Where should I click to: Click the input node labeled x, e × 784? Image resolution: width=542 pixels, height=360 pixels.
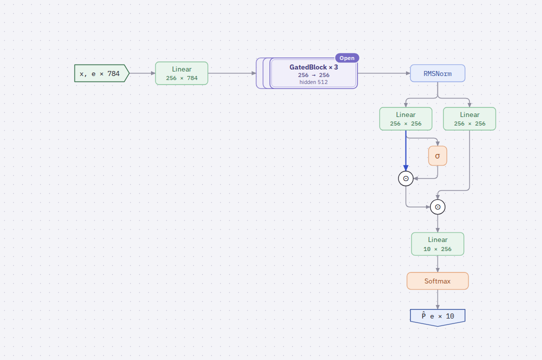tap(101, 73)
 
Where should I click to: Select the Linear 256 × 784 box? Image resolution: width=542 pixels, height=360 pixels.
tap(181, 73)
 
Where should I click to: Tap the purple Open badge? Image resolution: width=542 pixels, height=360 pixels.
tap(347, 58)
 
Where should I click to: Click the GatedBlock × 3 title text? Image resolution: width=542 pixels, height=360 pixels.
tap(313, 67)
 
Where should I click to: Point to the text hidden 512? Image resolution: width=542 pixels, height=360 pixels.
tap(313, 82)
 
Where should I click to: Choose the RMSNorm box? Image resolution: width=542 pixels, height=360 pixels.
tap(437, 73)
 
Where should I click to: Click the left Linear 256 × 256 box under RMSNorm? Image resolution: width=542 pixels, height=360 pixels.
tap(406, 118)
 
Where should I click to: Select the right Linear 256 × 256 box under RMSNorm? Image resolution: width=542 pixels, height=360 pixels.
tap(469, 118)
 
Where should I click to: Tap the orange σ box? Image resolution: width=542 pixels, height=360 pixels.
tap(437, 155)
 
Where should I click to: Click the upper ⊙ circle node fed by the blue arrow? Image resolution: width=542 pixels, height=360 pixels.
tap(406, 178)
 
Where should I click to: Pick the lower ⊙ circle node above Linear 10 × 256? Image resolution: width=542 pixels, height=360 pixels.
tap(437, 207)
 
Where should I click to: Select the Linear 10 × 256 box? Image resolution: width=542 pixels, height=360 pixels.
tap(437, 244)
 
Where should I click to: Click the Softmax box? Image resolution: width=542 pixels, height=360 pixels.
tap(437, 281)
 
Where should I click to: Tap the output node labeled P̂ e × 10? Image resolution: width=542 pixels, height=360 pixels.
tap(437, 317)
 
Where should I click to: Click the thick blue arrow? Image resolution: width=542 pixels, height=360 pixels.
tap(406, 150)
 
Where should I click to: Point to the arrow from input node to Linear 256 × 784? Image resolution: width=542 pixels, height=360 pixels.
tap(142, 73)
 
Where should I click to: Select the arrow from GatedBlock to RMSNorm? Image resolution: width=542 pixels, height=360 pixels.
tap(383, 73)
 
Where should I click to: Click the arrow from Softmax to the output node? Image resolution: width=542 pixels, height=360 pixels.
tap(437, 299)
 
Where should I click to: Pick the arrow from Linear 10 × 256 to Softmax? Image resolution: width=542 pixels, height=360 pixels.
tap(437, 264)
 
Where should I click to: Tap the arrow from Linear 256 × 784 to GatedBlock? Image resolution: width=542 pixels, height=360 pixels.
tap(232, 73)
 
